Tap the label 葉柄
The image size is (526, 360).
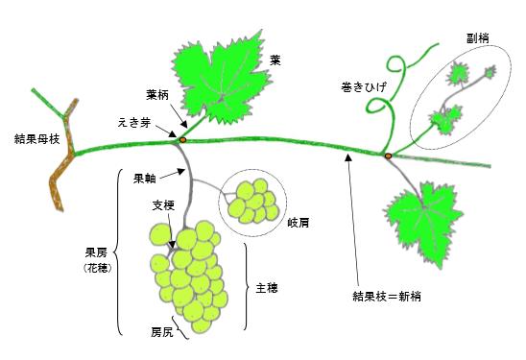[x=159, y=95]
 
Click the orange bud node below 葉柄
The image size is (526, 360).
[x=182, y=139]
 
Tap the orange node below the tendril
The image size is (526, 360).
[x=387, y=156]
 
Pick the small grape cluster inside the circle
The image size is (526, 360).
[x=252, y=198]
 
